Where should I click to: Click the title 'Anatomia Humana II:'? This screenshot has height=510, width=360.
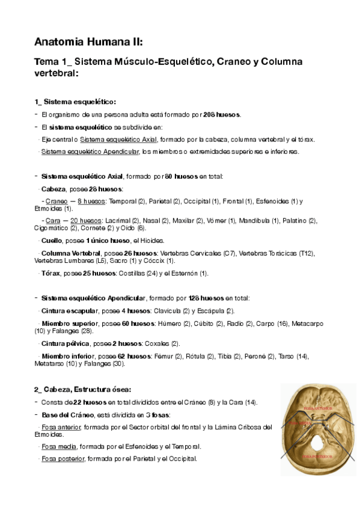pyautogui.click(x=88, y=41)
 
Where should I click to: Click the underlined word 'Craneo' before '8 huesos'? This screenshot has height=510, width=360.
pyautogui.click(x=56, y=201)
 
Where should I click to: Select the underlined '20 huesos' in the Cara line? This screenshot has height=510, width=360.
pyautogui.click(x=85, y=221)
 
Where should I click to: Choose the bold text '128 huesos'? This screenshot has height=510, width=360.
pyautogui.click(x=205, y=298)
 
